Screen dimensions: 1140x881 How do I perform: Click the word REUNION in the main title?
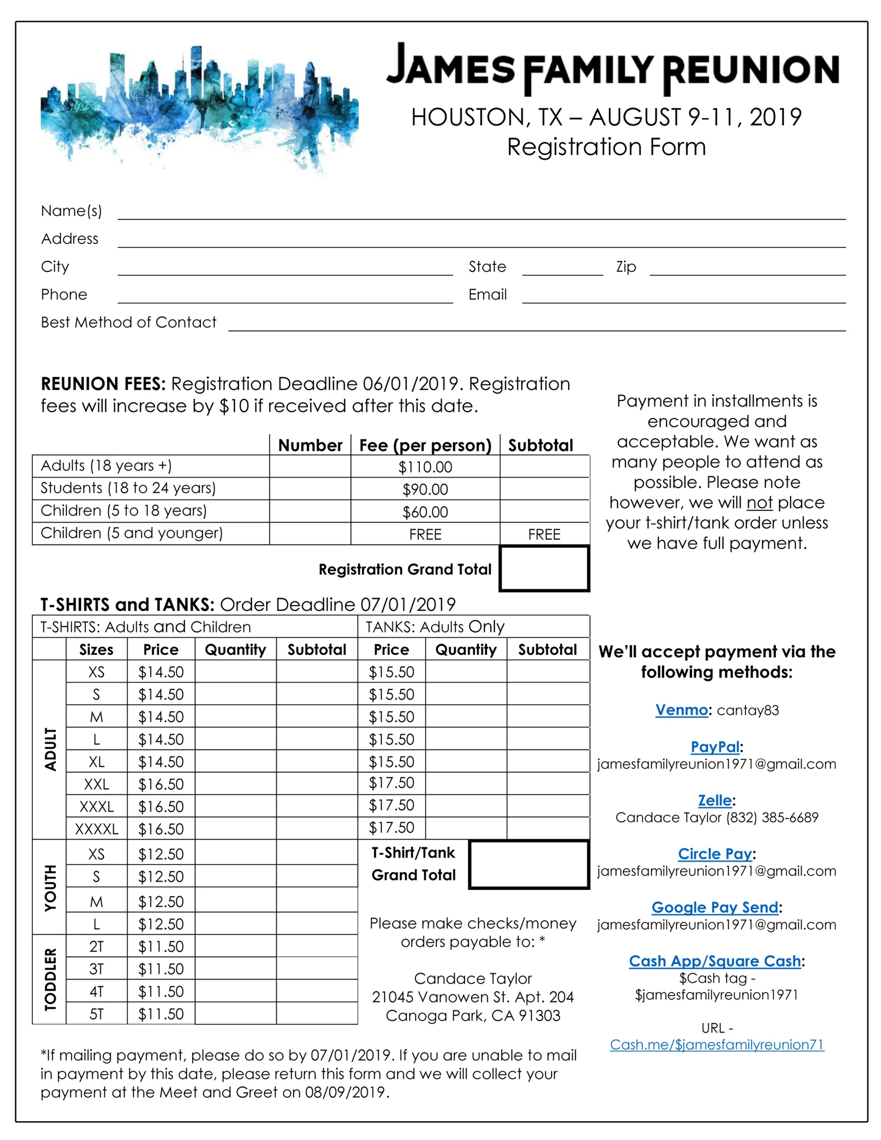[751, 70]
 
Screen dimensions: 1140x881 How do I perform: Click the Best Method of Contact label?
[129, 322]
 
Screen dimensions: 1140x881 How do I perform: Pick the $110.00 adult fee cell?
[425, 468]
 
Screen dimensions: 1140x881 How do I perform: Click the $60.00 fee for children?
[425, 512]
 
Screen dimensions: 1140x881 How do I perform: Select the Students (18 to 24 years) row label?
[128, 488]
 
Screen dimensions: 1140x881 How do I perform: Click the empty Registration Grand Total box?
[544, 569]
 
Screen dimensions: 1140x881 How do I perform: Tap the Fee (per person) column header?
[425, 446]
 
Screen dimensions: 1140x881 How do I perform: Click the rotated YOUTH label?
[51, 887]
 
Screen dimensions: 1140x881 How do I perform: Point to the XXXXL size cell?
[96, 829]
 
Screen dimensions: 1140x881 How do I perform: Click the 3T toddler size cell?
[96, 969]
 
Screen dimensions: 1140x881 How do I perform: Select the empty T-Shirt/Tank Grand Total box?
[529, 865]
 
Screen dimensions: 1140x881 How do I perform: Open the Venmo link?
[681, 710]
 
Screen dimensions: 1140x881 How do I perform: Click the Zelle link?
[715, 801]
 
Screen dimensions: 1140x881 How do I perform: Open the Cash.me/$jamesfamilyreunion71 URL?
[717, 1045]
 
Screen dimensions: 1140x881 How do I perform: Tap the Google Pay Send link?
[715, 907]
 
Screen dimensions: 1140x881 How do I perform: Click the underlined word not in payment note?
[759, 503]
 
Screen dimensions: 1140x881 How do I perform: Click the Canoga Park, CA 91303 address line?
[473, 1015]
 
